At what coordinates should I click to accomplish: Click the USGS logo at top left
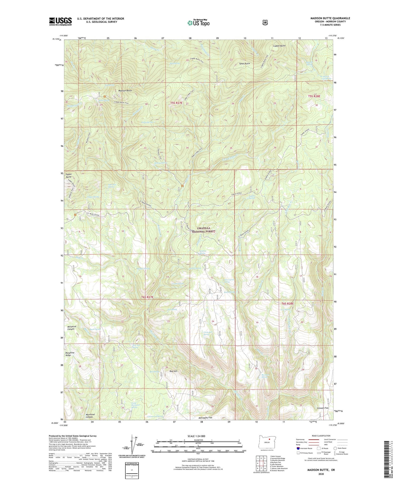coord(60,21)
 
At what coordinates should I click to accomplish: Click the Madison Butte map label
coord(125,91)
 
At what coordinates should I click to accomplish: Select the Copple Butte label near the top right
coord(279,46)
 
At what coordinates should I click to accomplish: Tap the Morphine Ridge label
coord(70,354)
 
